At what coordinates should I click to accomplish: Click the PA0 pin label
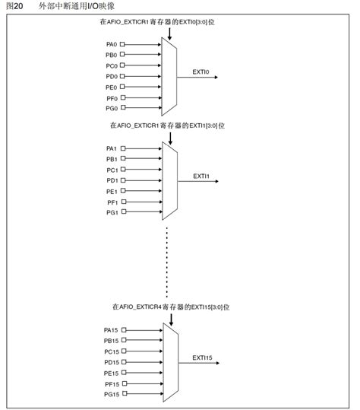coord(111,44)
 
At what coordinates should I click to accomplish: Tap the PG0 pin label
coord(111,109)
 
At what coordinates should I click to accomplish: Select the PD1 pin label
coord(112,180)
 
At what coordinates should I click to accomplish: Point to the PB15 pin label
coord(111,340)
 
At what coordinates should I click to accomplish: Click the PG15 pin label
coord(111,394)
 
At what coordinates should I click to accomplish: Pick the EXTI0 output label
coord(201,72)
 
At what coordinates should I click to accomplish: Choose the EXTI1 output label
coord(201,176)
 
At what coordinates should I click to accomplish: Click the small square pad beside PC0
coord(122,66)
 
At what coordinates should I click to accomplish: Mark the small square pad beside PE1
coord(122,191)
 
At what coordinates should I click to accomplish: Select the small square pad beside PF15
coord(122,383)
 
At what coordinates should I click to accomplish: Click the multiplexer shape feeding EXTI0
coord(169,76)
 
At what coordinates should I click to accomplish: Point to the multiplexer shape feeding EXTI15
coord(170,361)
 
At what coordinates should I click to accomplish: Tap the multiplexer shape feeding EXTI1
coord(170,180)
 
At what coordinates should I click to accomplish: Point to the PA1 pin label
coord(112,148)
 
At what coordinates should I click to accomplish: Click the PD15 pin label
coord(111,362)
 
